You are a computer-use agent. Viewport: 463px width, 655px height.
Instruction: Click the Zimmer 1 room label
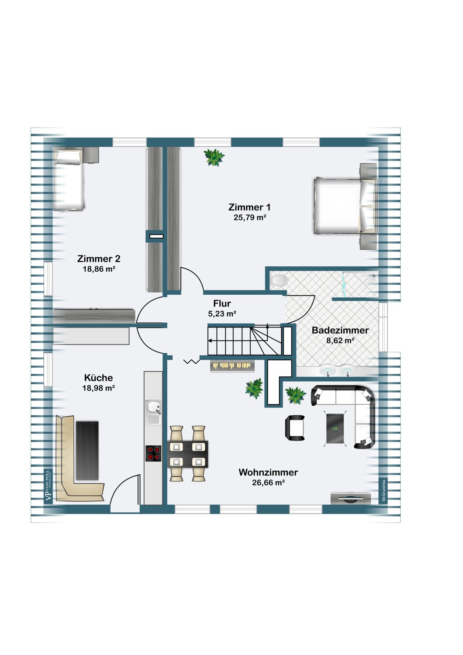(x=249, y=207)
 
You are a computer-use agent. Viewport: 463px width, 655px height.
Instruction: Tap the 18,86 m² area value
(x=99, y=269)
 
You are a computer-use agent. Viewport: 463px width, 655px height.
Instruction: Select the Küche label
(x=98, y=378)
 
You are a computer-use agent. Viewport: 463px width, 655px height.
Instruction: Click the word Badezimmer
(x=340, y=330)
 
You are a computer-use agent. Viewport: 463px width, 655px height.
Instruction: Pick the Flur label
(x=222, y=303)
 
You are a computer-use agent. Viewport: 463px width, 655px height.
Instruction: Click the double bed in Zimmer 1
(x=345, y=206)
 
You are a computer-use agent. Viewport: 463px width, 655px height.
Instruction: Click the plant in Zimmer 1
(x=214, y=157)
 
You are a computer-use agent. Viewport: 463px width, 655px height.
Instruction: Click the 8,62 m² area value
(x=340, y=340)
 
